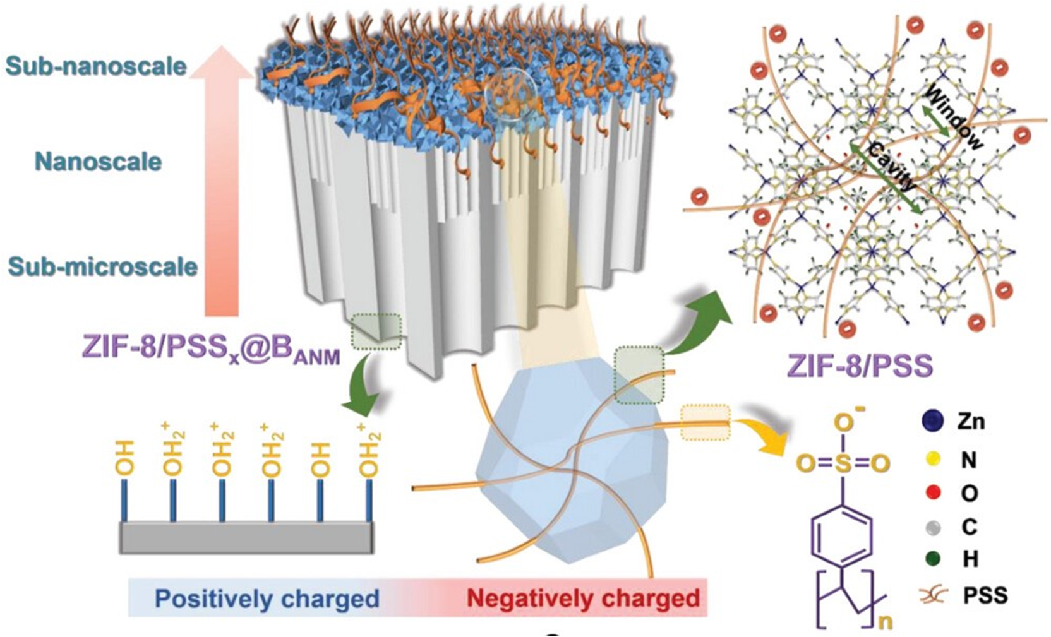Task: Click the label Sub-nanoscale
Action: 96,66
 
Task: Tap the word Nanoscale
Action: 98,162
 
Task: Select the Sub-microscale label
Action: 102,266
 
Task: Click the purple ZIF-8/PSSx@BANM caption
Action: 211,349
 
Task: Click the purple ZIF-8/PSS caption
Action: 860,366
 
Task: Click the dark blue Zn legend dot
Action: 933,420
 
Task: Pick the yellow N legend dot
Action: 933,460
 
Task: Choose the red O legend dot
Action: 933,493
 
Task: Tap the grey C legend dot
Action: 933,527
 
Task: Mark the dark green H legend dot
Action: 933,559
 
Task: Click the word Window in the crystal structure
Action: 953,118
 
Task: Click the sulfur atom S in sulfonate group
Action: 843,464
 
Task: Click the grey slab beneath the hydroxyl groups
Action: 246,538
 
